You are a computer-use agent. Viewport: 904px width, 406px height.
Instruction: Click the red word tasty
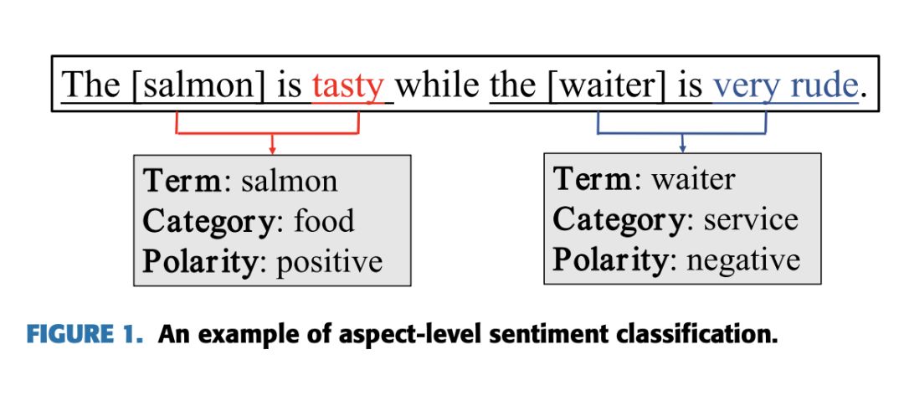[347, 85]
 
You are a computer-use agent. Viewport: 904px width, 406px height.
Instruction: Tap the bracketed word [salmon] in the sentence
[198, 85]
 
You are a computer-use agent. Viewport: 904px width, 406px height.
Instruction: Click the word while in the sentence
[438, 85]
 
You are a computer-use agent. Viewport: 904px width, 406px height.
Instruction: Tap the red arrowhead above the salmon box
[272, 150]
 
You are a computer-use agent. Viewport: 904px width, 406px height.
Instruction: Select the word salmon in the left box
[290, 181]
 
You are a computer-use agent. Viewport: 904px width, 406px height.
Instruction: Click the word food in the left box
[323, 221]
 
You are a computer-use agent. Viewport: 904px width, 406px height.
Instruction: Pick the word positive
[329, 261]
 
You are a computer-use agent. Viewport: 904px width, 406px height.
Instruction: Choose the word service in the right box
[750, 219]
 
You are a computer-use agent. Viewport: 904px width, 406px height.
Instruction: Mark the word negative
[742, 260]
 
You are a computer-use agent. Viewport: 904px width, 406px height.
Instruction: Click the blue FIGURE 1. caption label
[85, 335]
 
